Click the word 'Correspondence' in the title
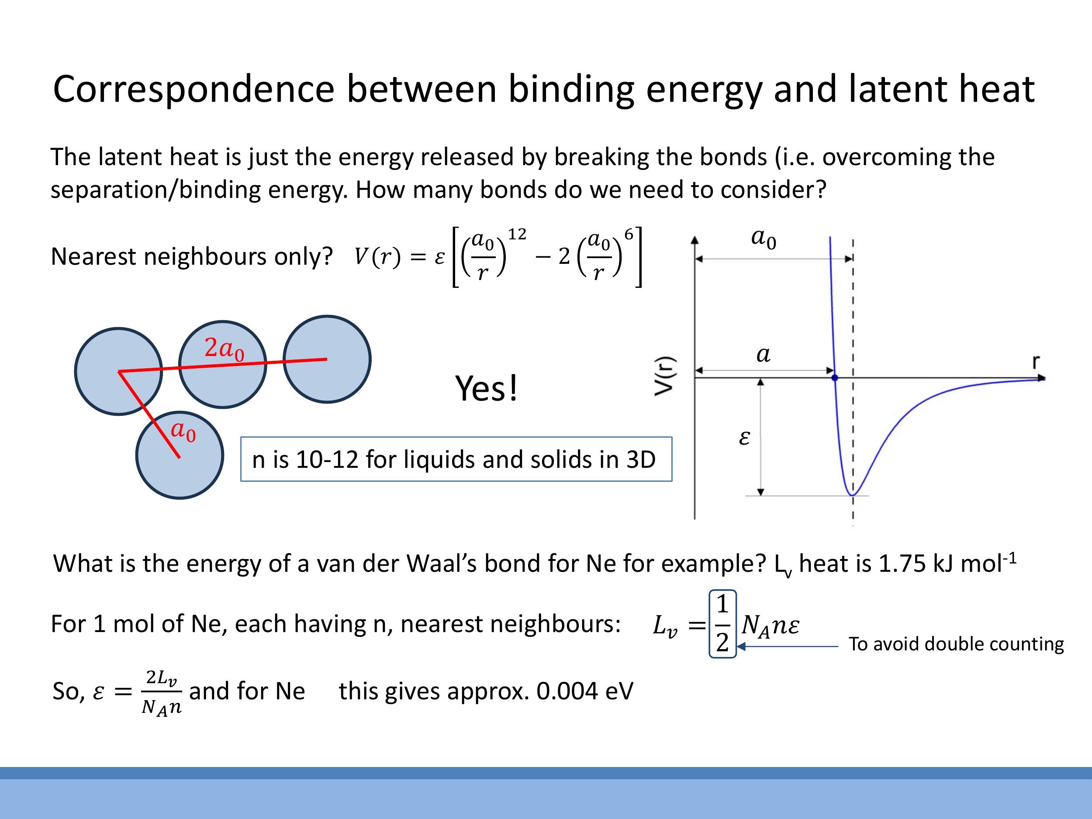click(194, 90)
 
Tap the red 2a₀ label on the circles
click(224, 349)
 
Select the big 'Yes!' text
click(486, 388)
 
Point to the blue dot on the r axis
click(835, 378)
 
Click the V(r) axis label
click(664, 376)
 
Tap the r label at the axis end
click(1036, 362)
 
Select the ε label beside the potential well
click(744, 438)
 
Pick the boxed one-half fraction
click(722, 623)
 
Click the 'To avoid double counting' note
click(956, 644)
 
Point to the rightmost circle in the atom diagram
click(327, 359)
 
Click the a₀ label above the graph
click(763, 238)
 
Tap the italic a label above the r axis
click(763, 354)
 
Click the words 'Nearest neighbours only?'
click(192, 257)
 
